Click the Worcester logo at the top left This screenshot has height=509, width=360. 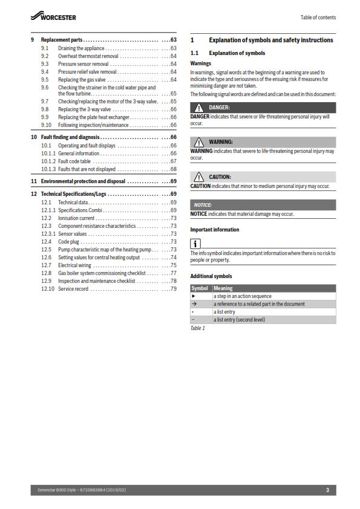(x=53, y=17)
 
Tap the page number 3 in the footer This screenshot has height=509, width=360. (x=327, y=490)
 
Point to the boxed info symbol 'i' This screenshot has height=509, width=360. (x=195, y=244)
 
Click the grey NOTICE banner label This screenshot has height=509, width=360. (x=203, y=205)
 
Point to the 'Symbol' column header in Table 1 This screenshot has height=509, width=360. (x=200, y=288)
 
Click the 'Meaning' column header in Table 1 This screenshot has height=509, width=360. (x=223, y=288)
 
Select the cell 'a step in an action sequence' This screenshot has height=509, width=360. (x=242, y=296)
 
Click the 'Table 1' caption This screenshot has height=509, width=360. (x=198, y=328)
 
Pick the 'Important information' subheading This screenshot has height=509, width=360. (x=214, y=230)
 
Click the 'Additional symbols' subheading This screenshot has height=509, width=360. (x=211, y=276)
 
